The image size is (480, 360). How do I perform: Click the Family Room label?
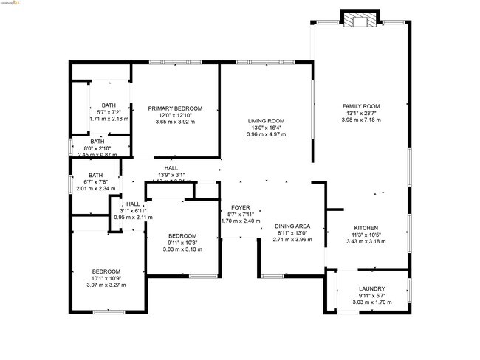click(360, 106)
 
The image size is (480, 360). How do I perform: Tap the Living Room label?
click(266, 121)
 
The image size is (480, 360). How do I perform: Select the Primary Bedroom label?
click(175, 108)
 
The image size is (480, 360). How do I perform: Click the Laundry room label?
click(371, 288)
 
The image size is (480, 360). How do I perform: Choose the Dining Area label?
click(293, 226)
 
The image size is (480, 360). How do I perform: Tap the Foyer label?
click(241, 207)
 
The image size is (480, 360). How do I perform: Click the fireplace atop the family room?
click(360, 20)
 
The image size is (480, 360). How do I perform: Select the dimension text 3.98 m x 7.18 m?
click(360, 120)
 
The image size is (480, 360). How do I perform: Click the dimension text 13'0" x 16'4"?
click(266, 128)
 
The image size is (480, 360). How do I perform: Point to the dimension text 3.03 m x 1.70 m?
click(371, 302)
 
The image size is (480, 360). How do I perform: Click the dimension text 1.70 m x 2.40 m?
click(241, 221)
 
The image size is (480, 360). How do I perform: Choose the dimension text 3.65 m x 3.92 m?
click(175, 122)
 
